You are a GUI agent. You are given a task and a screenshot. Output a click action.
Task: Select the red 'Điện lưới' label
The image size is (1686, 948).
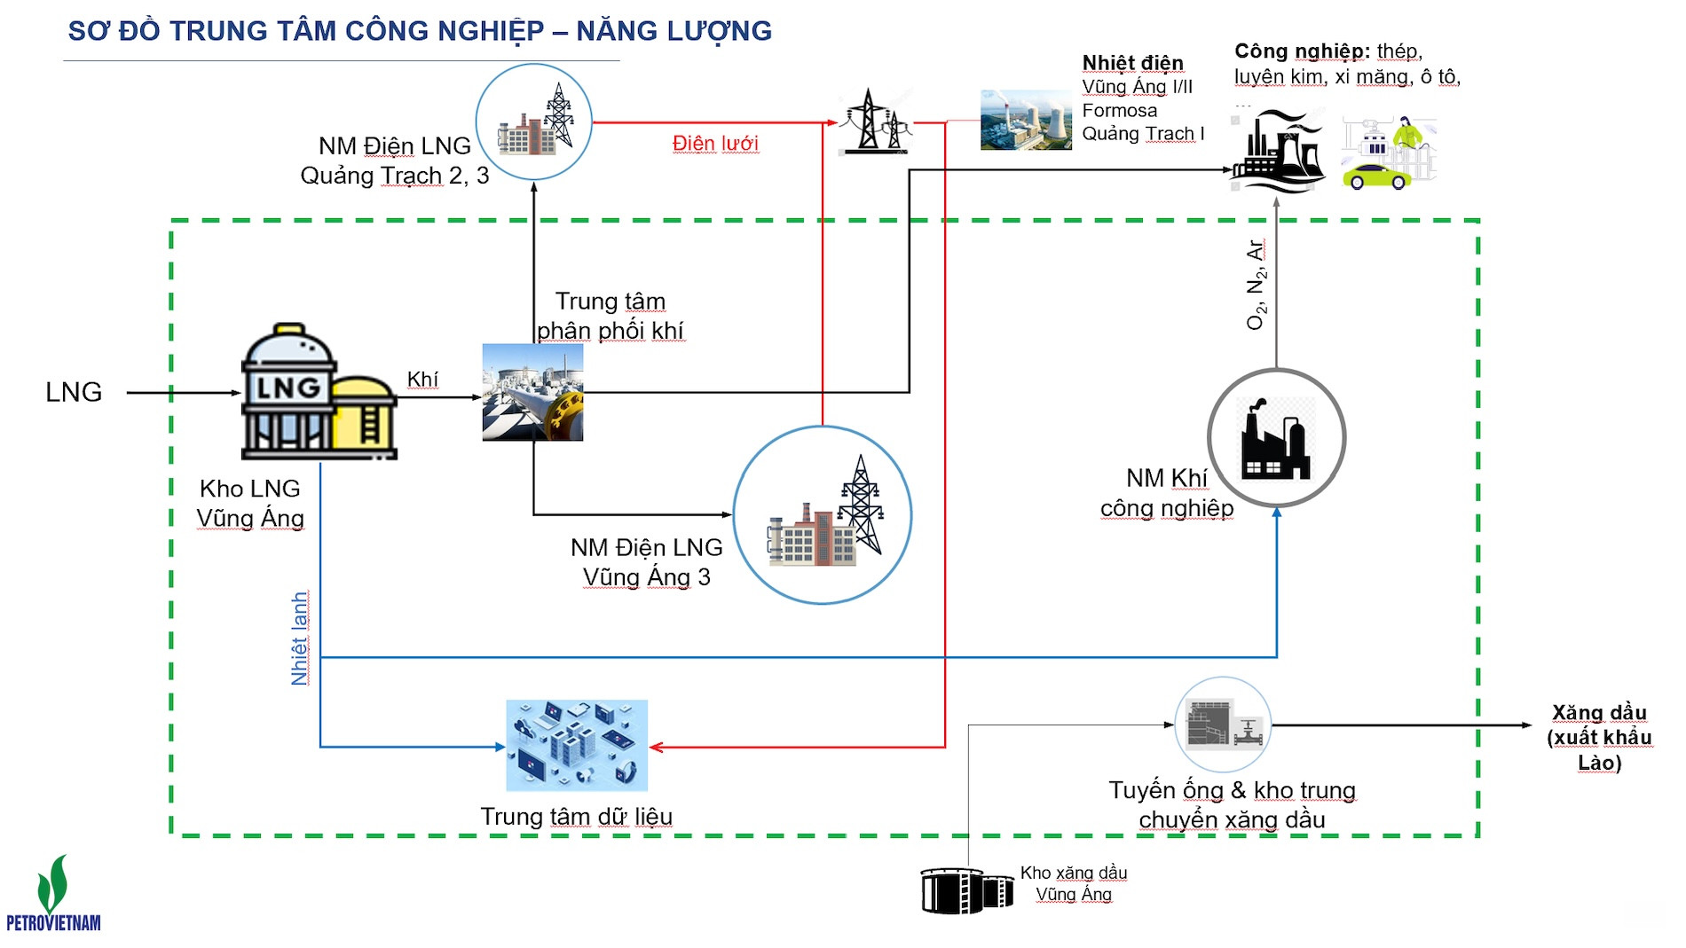point(715,144)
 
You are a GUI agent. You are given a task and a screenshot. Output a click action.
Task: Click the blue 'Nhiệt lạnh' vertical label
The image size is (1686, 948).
point(300,638)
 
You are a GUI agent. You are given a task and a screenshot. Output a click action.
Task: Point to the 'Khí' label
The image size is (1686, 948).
point(422,380)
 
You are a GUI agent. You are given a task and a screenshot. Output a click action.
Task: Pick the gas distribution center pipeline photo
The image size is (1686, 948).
point(532,392)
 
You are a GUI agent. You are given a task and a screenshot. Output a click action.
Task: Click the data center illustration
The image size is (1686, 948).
point(577,745)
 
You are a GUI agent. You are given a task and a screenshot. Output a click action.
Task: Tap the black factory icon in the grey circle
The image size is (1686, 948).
point(1276,438)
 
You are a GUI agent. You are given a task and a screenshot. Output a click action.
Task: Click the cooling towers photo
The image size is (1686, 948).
point(1026,120)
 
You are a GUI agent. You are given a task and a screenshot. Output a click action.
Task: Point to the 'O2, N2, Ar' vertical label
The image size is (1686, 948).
point(1256,285)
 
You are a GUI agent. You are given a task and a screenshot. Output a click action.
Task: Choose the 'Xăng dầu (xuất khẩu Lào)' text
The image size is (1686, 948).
point(1600,738)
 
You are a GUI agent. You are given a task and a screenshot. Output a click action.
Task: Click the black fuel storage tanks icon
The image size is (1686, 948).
point(967,890)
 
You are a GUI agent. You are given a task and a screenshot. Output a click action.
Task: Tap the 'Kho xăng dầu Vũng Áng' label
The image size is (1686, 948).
point(1074,883)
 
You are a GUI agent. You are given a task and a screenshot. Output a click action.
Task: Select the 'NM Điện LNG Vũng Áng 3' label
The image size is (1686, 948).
point(647,562)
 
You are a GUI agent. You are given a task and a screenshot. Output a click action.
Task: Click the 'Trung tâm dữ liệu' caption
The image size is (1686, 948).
point(577,816)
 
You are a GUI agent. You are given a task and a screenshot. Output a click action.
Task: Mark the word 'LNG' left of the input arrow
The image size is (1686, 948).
point(74,392)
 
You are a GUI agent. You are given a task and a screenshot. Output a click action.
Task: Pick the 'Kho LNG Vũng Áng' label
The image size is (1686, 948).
point(250,503)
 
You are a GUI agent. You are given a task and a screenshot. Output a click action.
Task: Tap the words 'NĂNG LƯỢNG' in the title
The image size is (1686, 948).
point(674,31)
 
